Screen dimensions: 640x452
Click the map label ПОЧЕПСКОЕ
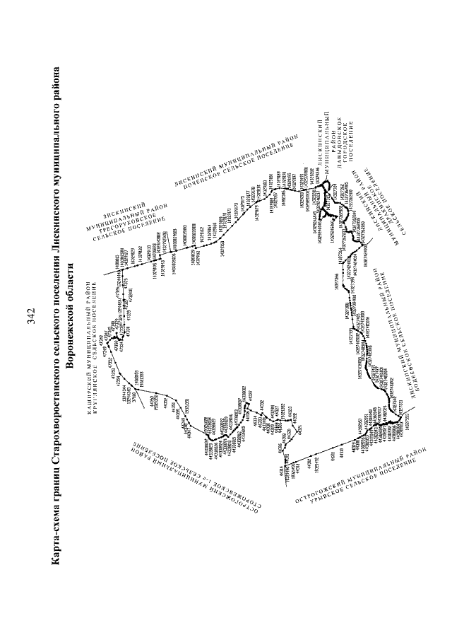coord(212,177)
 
